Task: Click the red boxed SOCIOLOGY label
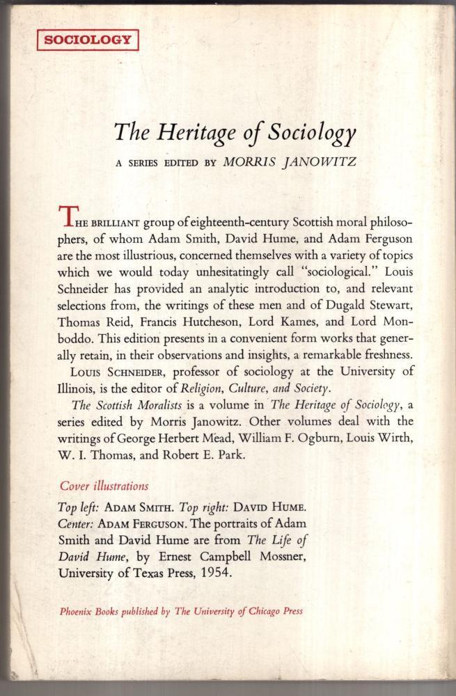coord(87,41)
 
